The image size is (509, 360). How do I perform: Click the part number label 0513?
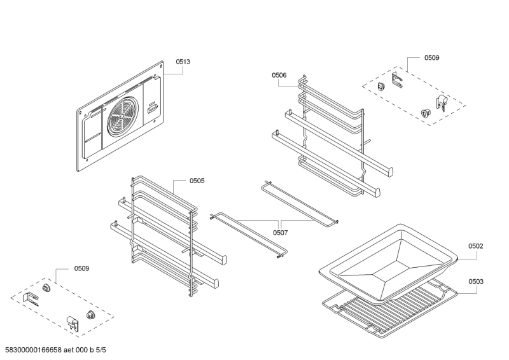pyautogui.click(x=183, y=62)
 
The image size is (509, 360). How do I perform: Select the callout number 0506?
pyautogui.click(x=279, y=75)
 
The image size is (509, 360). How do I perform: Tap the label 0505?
pyautogui.click(x=197, y=181)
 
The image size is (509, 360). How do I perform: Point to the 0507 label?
pyautogui.click(x=280, y=232)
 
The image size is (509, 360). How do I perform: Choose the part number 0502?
pyautogui.click(x=476, y=246)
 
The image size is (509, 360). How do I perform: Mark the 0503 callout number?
pyautogui.click(x=476, y=281)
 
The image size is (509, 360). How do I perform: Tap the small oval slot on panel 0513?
pyautogui.click(x=152, y=109)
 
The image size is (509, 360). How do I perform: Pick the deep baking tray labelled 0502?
pyautogui.click(x=388, y=258)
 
